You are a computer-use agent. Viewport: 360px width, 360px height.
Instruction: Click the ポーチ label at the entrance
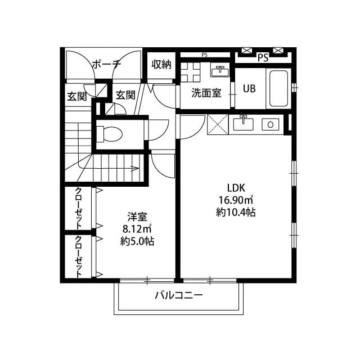click(106, 64)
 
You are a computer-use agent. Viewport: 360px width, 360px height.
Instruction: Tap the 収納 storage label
click(161, 64)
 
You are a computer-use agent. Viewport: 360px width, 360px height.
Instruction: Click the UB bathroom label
click(249, 88)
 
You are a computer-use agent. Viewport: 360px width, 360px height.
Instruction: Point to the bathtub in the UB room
click(278, 88)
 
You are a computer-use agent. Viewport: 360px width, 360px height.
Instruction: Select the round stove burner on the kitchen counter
click(271, 124)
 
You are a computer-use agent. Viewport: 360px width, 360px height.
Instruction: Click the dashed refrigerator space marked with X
click(218, 123)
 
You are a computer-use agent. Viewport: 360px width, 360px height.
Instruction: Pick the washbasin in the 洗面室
click(220, 71)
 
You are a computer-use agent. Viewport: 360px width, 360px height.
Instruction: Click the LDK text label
click(236, 188)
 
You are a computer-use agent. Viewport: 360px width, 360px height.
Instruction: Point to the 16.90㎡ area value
click(236, 200)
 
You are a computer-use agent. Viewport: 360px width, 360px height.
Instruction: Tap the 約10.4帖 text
click(236, 213)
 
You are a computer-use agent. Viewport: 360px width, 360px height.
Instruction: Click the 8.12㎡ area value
click(137, 229)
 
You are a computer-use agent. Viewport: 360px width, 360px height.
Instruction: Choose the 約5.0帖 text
click(137, 241)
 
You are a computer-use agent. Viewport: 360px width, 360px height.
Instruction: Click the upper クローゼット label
click(78, 208)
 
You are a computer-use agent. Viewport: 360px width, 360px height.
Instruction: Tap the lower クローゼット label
click(78, 257)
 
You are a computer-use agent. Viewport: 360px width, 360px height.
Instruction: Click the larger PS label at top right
click(262, 57)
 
